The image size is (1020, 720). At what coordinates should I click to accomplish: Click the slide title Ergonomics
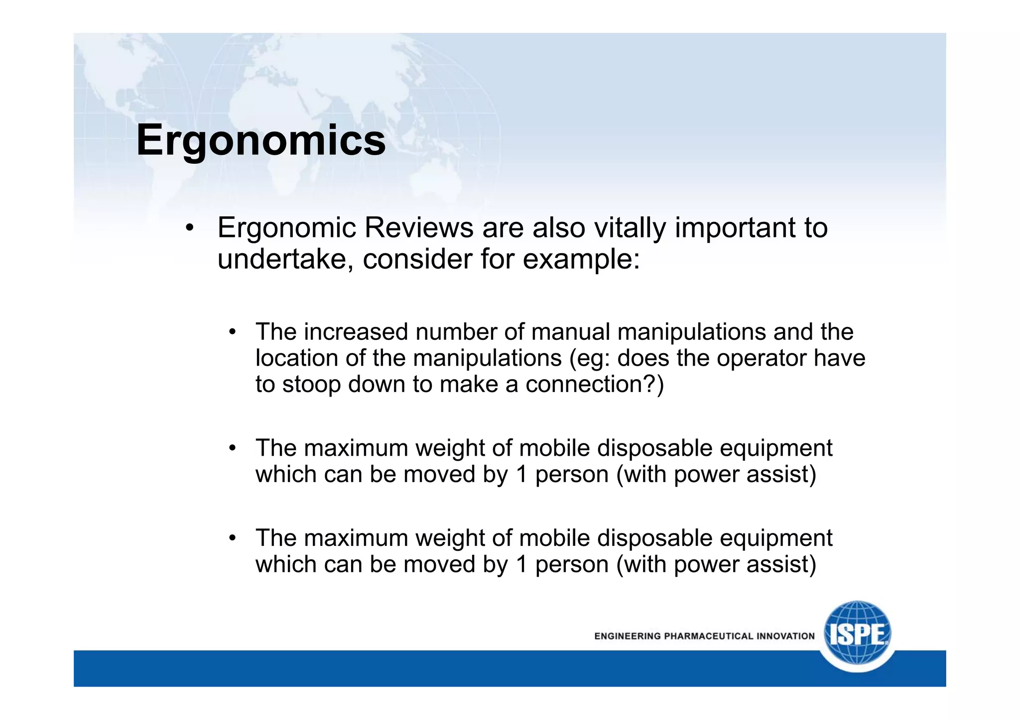tap(260, 140)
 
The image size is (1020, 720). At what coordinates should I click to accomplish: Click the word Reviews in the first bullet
tap(419, 228)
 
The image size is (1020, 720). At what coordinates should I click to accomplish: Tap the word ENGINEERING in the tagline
tap(627, 636)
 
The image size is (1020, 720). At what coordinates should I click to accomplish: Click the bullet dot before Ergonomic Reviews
tap(189, 229)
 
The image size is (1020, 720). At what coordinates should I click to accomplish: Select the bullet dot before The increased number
tap(232, 332)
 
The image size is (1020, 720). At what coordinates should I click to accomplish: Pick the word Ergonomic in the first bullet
tap(287, 229)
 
